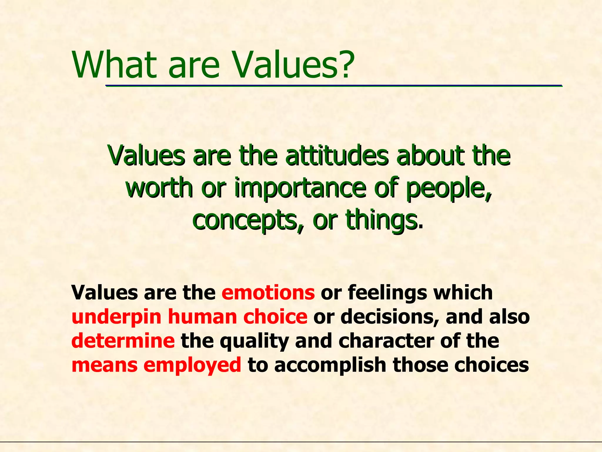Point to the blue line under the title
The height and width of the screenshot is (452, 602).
[x=334, y=86]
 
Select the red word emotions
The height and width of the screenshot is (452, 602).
[x=268, y=293]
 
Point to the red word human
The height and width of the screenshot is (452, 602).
[x=202, y=317]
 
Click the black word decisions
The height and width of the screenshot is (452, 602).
[x=391, y=317]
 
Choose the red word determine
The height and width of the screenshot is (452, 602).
[x=123, y=341]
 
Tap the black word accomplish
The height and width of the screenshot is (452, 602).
[x=331, y=365]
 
